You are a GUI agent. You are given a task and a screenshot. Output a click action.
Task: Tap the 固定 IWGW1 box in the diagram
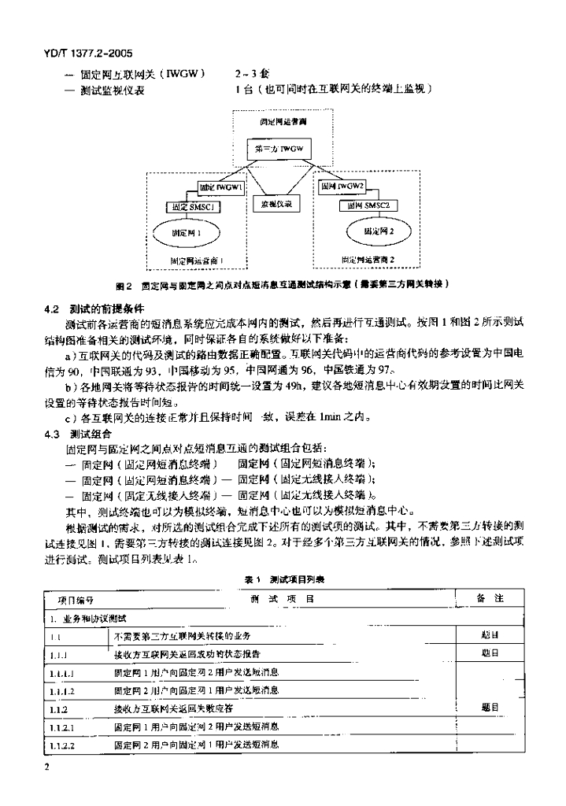(223, 189)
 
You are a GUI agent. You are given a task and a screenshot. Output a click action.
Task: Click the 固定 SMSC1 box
(194, 206)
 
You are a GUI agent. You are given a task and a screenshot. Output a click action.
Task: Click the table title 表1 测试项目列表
(283, 579)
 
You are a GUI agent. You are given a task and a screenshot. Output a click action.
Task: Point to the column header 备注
(490, 599)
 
